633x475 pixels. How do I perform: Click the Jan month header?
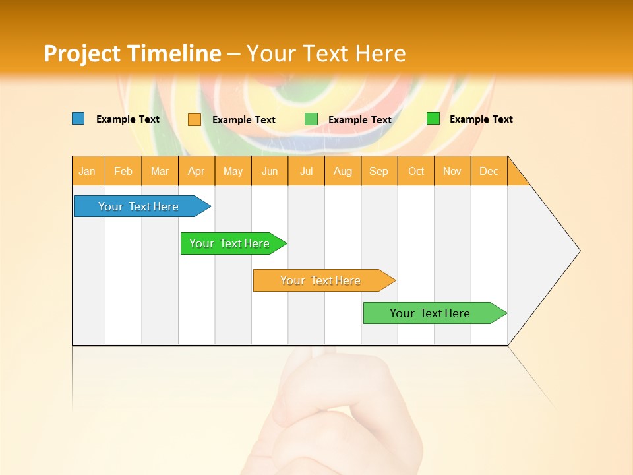88,171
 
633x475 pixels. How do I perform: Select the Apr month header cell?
196,171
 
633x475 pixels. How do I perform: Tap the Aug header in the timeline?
343,171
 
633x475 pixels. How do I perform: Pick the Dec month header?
489,171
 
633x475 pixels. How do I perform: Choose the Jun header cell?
270,171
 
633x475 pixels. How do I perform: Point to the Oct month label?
416,171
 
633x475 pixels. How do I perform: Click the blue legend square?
78,119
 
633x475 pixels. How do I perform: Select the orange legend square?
195,119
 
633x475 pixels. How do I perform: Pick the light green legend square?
311,119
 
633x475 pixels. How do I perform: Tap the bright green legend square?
433,119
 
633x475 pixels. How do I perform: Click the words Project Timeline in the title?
133,53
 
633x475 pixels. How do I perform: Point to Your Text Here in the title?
326,53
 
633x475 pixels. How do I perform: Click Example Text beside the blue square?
128,119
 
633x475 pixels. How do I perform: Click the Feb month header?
123,171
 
